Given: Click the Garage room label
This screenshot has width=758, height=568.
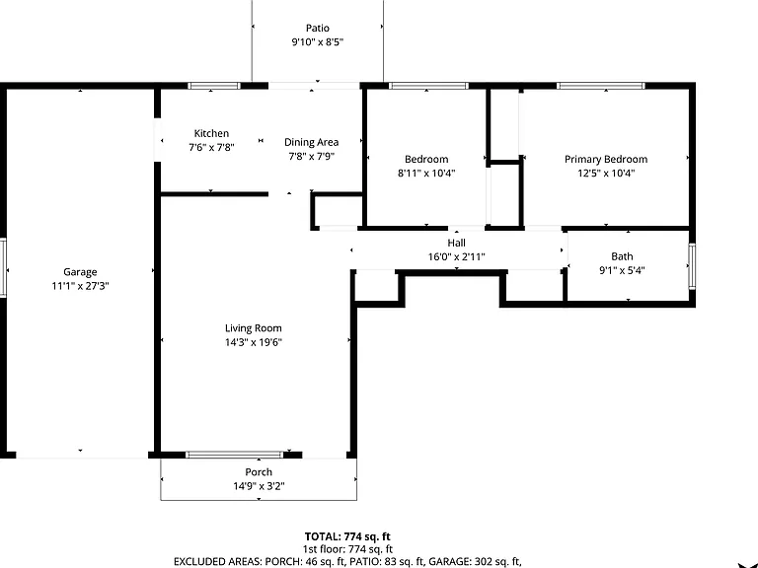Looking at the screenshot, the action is [80, 272].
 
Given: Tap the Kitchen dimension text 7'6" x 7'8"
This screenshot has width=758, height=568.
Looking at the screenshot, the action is [212, 147].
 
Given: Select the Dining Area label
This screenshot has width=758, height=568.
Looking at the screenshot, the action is [311, 142].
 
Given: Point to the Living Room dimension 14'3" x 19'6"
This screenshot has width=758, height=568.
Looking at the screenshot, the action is [254, 342].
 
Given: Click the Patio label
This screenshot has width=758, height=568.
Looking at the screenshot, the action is [318, 28].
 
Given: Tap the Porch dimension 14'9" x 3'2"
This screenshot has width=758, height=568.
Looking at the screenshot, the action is [260, 486].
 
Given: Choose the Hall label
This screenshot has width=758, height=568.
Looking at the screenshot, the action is [456, 243].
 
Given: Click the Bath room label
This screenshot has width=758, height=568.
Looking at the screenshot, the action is [622, 256].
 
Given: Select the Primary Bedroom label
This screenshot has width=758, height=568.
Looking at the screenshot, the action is [606, 160].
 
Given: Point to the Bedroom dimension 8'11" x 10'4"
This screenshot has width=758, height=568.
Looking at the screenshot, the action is [426, 173].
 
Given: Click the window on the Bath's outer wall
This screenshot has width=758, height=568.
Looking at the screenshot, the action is [692, 266].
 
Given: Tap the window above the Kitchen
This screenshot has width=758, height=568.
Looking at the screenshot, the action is [214, 86].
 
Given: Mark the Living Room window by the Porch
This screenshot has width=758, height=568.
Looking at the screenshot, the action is [235, 455].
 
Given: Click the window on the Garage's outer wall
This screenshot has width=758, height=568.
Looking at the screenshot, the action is [3, 267].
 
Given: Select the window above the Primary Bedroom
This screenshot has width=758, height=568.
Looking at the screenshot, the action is [601, 86].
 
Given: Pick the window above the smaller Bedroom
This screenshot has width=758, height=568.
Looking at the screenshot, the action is [428, 86].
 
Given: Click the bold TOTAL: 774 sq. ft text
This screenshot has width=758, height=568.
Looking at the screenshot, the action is [347, 536].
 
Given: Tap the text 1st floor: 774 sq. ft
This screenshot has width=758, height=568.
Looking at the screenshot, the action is [347, 549].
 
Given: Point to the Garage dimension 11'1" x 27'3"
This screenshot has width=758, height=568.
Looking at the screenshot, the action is [80, 286].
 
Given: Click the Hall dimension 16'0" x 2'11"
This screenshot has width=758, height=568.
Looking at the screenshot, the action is [456, 256].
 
